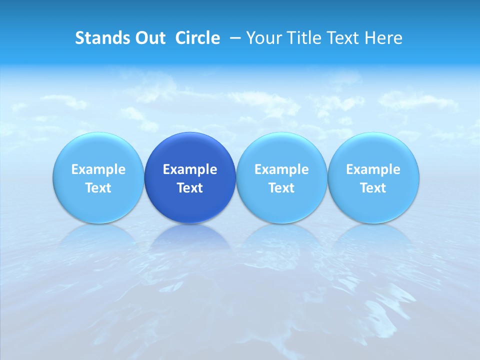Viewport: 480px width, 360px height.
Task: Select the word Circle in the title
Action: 197,38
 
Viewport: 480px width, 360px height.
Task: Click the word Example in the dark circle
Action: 190,169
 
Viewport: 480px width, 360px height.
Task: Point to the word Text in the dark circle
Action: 190,188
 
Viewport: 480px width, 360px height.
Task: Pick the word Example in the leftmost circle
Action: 98,169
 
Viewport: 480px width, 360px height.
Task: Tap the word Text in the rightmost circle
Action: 373,188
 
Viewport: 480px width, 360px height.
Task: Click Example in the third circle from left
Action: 281,169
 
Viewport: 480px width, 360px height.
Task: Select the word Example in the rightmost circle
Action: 373,169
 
